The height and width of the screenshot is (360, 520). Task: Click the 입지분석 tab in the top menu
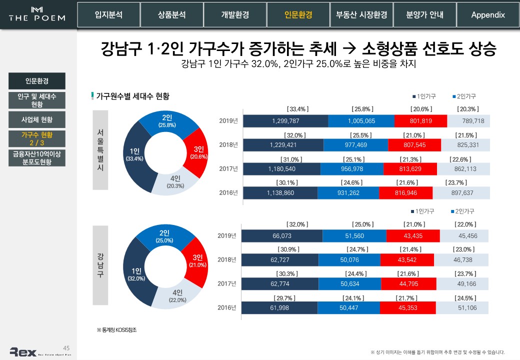tap(108, 15)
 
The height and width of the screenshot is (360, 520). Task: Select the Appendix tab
tap(487, 15)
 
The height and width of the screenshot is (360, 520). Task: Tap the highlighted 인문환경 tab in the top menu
tap(298, 15)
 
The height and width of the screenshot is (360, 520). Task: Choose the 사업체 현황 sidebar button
tap(36, 120)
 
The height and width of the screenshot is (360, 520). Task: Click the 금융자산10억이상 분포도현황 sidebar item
tap(36, 158)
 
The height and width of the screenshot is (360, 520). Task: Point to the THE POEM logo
tap(37, 14)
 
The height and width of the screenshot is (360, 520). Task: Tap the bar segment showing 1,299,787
tap(285, 121)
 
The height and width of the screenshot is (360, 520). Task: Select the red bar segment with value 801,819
tap(420, 121)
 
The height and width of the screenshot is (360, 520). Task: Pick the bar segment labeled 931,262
tap(347, 193)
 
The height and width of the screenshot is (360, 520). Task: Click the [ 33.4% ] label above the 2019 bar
tap(297, 109)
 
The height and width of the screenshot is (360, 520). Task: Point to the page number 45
tap(66, 348)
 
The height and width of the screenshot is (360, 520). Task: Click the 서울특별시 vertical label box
tap(100, 150)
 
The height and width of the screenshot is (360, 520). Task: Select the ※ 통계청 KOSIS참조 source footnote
tap(116, 330)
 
